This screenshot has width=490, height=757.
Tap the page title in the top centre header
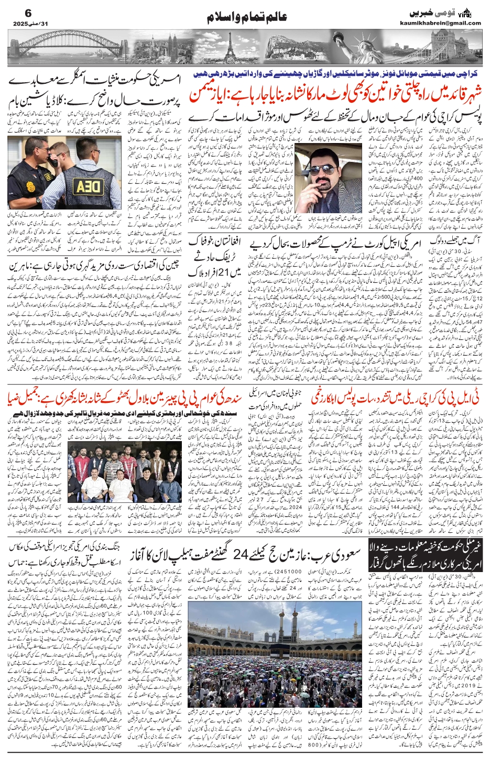pos(246,16)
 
